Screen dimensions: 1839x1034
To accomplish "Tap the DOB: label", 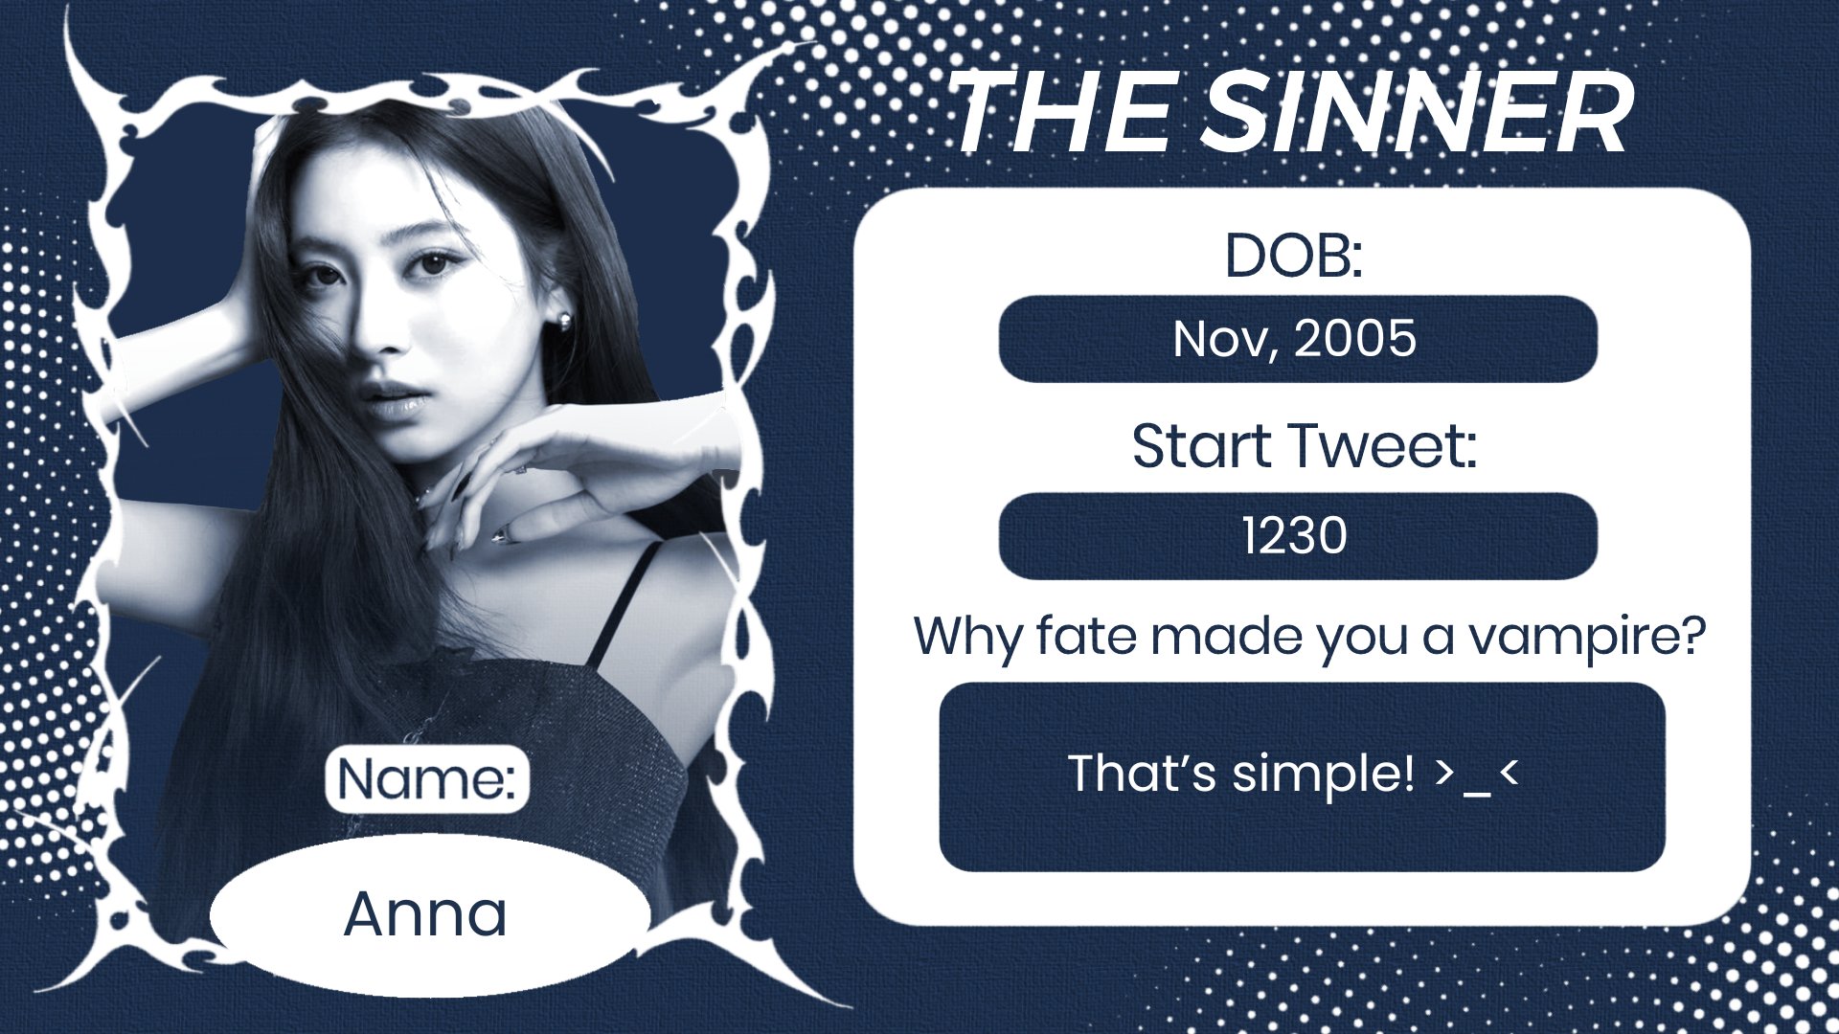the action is coord(1294,257).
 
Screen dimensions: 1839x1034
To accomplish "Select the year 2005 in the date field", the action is coord(1354,338).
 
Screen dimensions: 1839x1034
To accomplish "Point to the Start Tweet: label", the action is coord(1305,446).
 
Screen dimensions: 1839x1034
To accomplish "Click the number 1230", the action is coord(1295,535).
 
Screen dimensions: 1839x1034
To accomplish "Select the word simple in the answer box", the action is coord(1323,775).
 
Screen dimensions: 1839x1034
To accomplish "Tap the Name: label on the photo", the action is coord(427,778).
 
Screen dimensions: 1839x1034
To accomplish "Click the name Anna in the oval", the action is coord(425,913).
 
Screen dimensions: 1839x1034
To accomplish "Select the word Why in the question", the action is coord(968,637).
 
